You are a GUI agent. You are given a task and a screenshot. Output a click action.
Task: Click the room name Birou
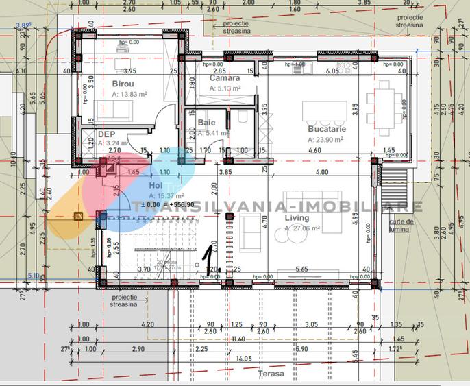click(124, 84)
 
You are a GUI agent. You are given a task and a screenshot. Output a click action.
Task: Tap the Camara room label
click(225, 78)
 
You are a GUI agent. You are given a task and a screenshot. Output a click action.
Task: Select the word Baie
click(206, 123)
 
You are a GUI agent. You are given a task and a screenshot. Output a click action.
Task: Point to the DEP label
click(106, 134)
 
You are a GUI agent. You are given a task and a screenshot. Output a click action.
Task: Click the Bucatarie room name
click(327, 129)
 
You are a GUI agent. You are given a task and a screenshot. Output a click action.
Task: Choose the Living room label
click(297, 218)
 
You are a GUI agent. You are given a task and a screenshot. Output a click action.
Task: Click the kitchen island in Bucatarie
click(325, 110)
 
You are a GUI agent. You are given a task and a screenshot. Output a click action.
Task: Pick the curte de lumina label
click(400, 226)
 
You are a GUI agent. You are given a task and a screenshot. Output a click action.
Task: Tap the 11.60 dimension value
click(238, 339)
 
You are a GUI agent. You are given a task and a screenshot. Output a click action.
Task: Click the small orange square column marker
click(78, 217)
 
